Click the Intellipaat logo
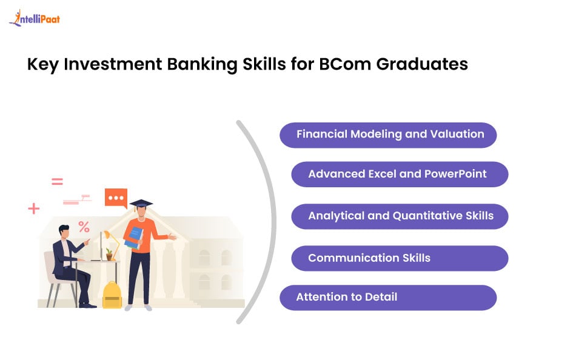click(35, 19)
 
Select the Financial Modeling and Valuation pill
click(388, 135)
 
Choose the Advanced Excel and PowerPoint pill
click(400, 175)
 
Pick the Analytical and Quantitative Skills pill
click(400, 216)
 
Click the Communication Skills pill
click(400, 258)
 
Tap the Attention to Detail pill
click(388, 298)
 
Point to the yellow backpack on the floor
click(112, 295)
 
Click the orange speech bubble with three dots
click(116, 198)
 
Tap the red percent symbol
click(84, 227)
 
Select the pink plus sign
click(34, 209)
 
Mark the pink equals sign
click(57, 181)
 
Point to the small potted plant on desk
click(109, 254)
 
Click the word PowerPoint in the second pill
click(455, 174)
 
